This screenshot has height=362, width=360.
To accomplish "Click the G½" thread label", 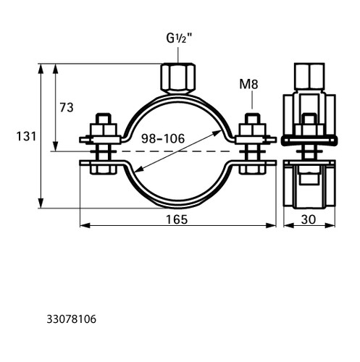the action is coord(179,38).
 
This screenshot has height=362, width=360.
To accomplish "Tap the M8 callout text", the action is coord(248,84).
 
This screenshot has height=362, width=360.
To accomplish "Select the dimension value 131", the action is coord(26,136).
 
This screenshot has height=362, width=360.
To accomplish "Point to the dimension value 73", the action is coord(67,108).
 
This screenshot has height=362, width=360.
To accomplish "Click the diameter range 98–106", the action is coord(163,138).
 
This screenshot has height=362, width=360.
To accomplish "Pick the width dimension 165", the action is coord(177,219).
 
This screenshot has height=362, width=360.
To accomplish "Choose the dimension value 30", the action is coord(309,219).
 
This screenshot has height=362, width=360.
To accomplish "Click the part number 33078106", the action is coord(72,319).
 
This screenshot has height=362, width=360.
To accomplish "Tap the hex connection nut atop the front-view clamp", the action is coord(178,78).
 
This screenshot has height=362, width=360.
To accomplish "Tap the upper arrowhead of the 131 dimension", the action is coord(41,69).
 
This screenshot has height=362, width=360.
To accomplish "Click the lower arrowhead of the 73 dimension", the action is coord(56,146).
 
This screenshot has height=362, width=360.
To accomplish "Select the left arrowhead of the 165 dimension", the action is coord(85,225).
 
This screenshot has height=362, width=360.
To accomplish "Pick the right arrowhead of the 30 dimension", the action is coord(330,225).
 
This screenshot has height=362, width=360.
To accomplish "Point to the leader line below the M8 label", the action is coord(252,100).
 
